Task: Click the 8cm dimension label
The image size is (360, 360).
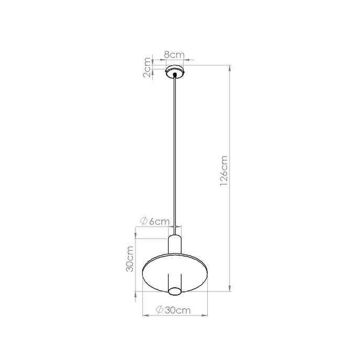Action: point(173,54)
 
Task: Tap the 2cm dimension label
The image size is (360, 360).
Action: point(148,68)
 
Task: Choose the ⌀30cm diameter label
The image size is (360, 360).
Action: point(172,310)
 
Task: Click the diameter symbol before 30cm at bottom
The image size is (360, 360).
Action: point(161,310)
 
